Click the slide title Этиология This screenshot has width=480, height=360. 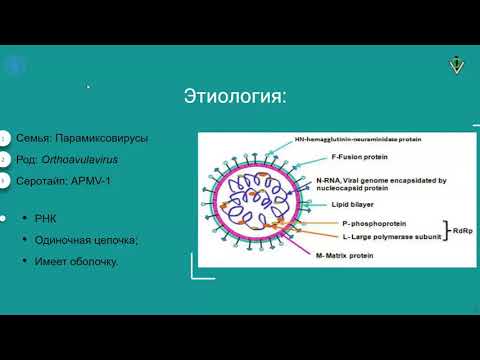point(235,96)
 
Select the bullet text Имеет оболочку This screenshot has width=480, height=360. point(76,261)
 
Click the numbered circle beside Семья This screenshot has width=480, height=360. point(4,138)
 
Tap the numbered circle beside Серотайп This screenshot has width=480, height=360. point(4,180)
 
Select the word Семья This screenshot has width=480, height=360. point(35,138)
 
